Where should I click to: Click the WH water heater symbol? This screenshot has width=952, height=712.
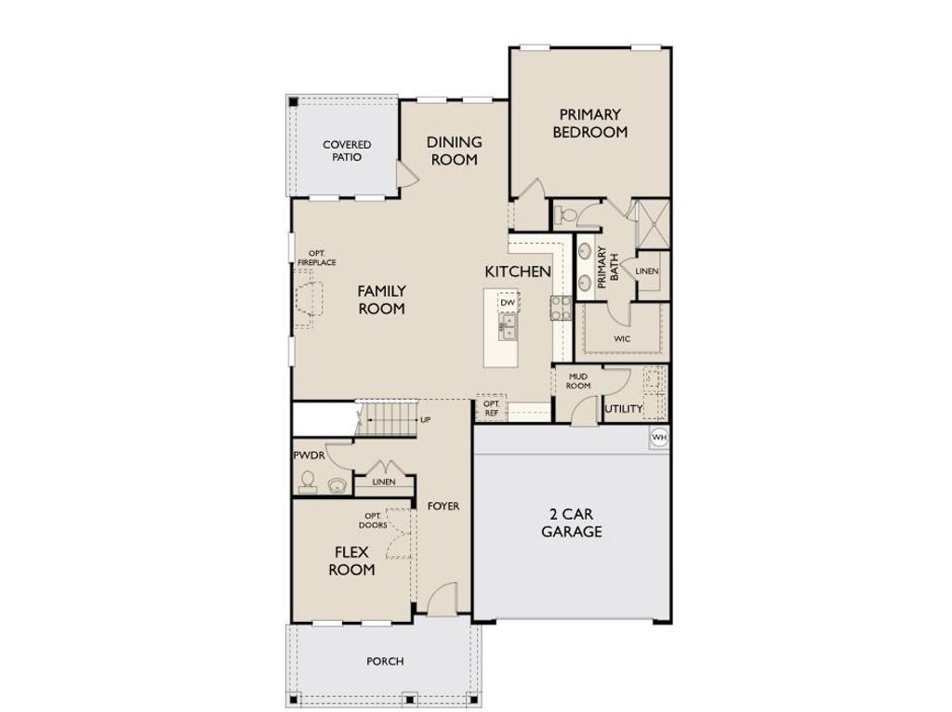(659, 437)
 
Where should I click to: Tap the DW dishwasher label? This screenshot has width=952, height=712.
(508, 302)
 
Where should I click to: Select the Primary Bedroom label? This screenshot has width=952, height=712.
(590, 124)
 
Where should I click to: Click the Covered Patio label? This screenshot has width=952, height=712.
(347, 151)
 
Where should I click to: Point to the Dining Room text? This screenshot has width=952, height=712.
(454, 151)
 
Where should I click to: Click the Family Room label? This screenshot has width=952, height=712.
(381, 299)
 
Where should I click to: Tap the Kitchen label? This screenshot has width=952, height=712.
(518, 271)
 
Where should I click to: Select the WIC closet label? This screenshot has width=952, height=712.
(622, 338)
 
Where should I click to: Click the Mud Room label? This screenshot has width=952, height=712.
(578, 381)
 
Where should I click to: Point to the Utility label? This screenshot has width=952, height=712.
(624, 408)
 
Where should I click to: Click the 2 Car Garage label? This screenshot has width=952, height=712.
(572, 522)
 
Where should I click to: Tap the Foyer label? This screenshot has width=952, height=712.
(443, 506)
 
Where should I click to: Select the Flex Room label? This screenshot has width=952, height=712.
(351, 560)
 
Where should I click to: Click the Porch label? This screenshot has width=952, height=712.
(385, 661)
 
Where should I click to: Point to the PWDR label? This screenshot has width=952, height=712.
(309, 455)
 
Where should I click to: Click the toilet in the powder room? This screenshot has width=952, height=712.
(309, 481)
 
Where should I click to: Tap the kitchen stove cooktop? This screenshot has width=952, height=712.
(561, 308)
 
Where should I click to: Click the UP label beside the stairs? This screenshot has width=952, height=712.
(426, 419)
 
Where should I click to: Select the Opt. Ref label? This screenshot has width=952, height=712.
(491, 408)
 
